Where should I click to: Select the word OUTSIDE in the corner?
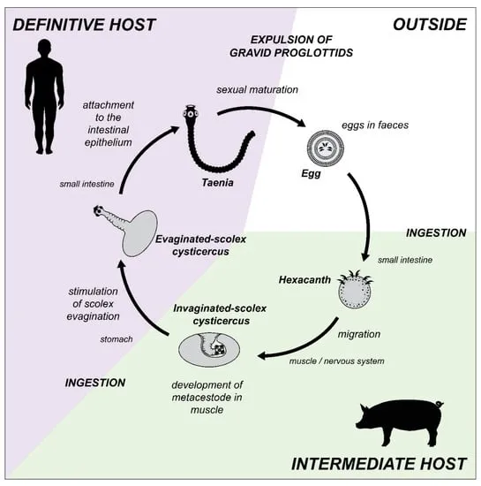click(x=429, y=24)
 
